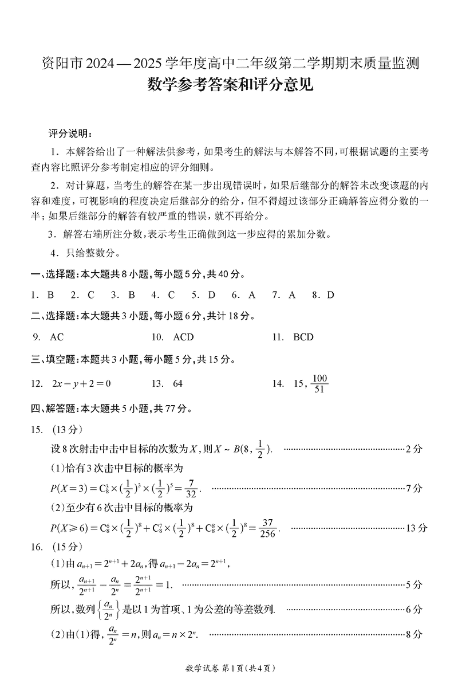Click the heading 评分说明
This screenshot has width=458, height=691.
coord(69,134)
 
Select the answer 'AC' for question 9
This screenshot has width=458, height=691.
coord(57,337)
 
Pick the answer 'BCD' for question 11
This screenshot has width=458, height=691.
coord(303,337)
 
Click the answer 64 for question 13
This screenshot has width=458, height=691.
coord(177,383)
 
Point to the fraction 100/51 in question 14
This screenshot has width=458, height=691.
coord(319,383)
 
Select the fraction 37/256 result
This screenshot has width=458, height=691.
coord(268,528)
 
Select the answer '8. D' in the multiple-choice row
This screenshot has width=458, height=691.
coord(323,295)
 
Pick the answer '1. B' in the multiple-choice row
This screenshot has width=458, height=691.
coord(42,295)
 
